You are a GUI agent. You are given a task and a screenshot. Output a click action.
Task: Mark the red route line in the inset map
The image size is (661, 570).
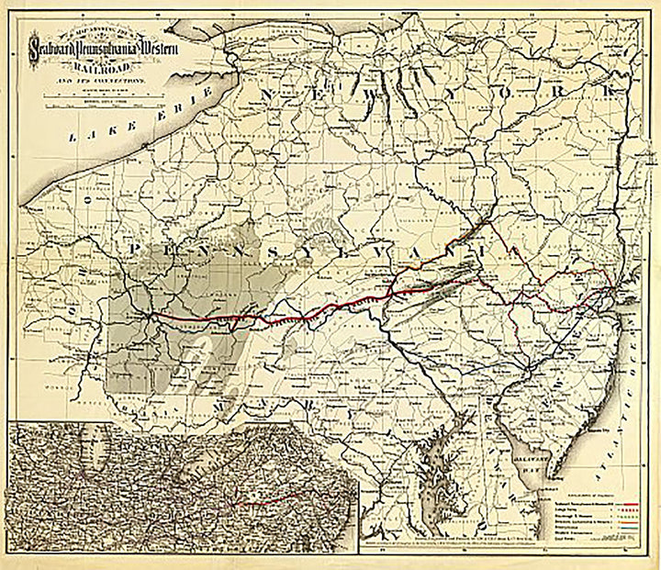click(x=266, y=501)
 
